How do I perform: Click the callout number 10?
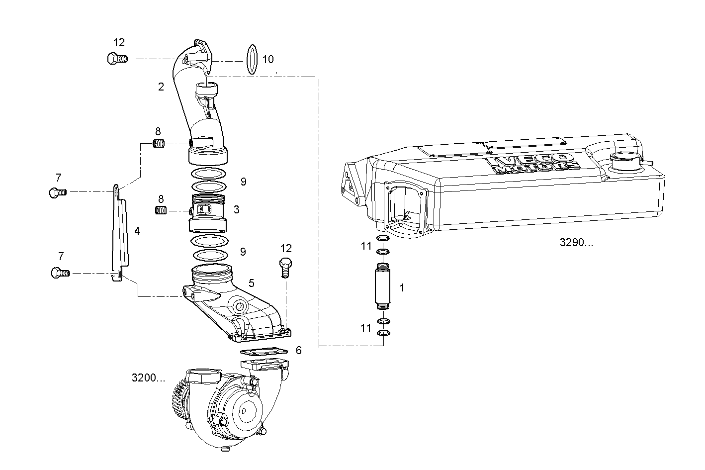268,60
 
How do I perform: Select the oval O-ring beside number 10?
252,60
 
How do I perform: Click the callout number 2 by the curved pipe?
161,87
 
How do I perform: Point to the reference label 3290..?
576,243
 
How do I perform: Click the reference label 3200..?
148,378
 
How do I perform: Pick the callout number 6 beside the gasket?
298,351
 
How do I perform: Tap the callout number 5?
252,283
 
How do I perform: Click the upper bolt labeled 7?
57,192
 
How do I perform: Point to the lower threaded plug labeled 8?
161,211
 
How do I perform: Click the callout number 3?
236,210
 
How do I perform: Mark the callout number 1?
402,288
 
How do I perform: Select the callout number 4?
137,231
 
